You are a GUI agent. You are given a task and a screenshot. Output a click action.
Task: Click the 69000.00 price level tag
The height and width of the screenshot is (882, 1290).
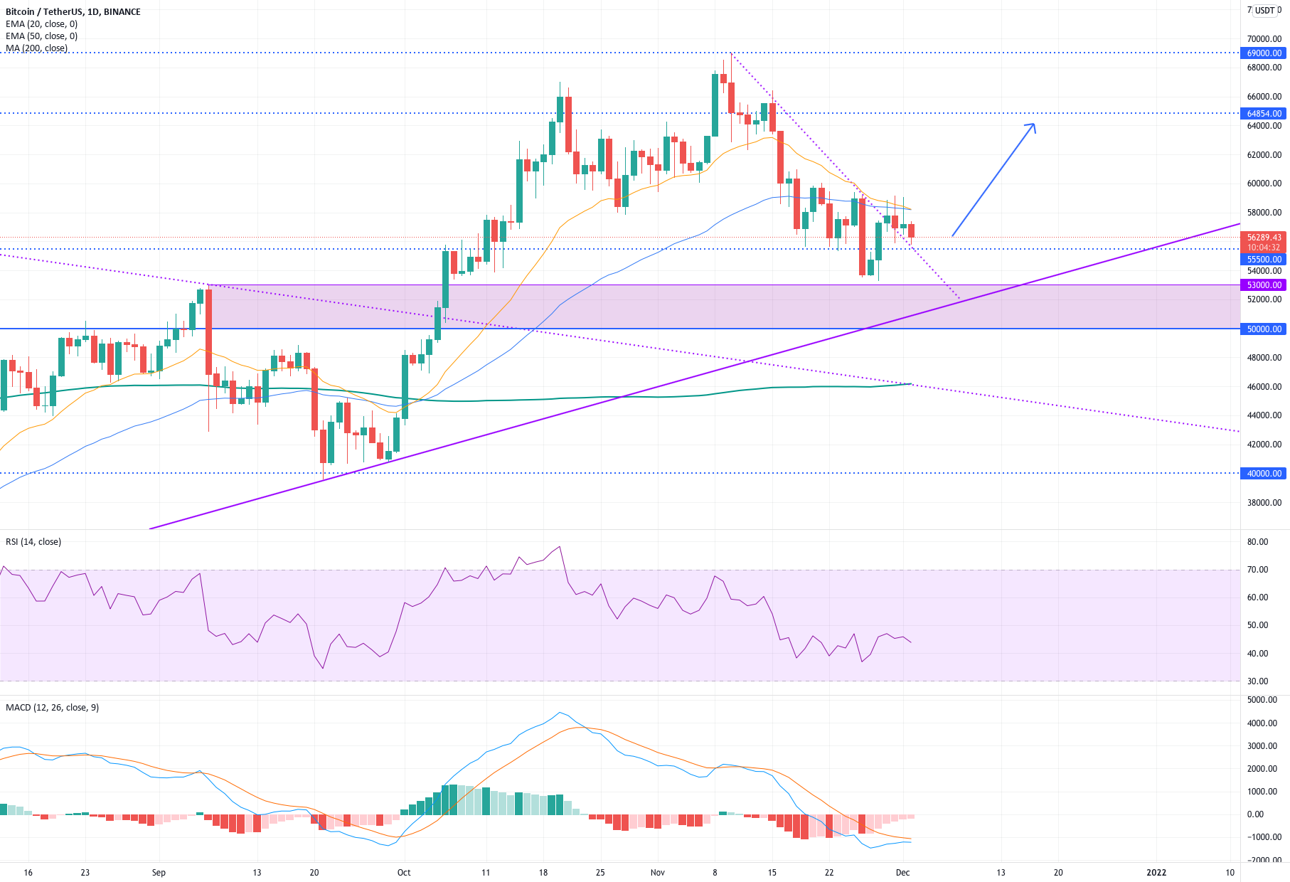(x=1264, y=53)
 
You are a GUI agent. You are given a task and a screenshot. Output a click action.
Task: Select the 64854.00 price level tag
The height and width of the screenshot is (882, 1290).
(x=1264, y=114)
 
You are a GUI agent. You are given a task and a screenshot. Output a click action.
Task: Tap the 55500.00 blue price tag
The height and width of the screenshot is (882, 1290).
(x=1264, y=260)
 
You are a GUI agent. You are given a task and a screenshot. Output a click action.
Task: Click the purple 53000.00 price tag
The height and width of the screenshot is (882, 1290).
(x=1264, y=285)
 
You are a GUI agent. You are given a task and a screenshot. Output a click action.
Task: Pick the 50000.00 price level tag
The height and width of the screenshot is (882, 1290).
(x=1264, y=329)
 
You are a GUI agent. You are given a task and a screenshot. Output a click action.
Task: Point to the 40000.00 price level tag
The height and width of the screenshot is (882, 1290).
(x=1264, y=474)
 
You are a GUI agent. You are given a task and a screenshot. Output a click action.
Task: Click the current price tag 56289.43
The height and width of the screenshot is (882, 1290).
(x=1264, y=238)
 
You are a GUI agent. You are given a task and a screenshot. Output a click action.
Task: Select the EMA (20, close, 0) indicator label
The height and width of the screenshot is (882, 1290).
(x=41, y=24)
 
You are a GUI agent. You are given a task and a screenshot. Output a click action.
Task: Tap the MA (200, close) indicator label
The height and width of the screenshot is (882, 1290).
(x=37, y=48)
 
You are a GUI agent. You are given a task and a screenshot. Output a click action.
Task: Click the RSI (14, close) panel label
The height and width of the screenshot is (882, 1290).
(x=33, y=542)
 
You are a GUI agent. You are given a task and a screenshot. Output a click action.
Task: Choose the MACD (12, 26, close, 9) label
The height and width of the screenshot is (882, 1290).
(x=53, y=708)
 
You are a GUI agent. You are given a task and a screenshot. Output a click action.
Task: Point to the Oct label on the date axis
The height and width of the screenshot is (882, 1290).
(x=404, y=873)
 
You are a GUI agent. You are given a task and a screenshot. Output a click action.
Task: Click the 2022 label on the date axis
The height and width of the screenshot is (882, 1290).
(x=1156, y=873)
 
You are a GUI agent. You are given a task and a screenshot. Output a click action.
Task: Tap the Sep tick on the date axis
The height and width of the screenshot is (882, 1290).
(x=159, y=873)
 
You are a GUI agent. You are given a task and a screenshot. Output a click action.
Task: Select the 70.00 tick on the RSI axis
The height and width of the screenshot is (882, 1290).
(x=1257, y=570)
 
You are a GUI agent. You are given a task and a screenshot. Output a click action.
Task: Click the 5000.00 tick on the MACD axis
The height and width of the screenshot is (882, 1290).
(x=1262, y=700)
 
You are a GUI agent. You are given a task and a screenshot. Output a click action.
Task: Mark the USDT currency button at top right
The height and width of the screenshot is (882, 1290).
(x=1264, y=11)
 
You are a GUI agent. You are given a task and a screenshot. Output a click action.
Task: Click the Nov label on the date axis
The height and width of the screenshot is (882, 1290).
(x=658, y=873)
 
